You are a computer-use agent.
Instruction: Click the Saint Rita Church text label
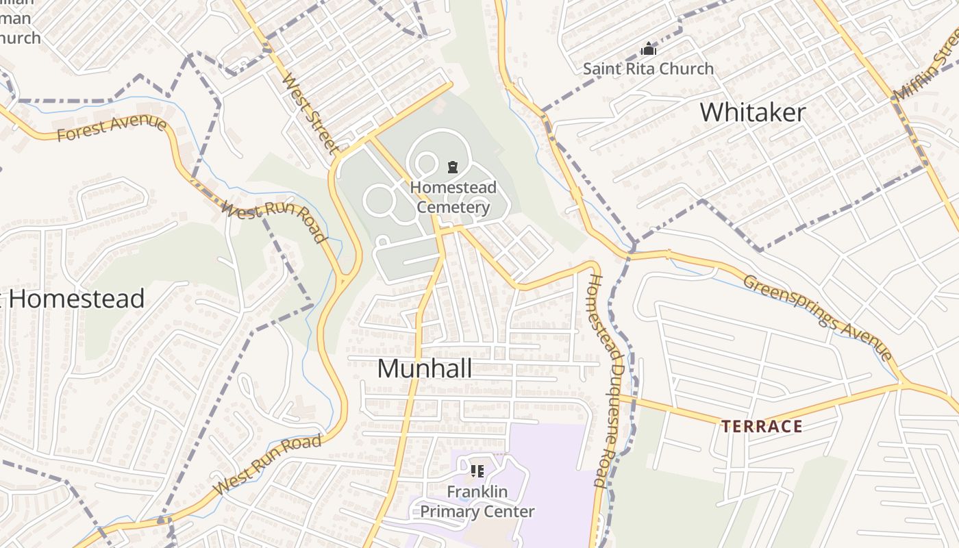[648, 68]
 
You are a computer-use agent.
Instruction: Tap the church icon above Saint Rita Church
[648, 49]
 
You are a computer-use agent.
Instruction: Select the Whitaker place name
[752, 112]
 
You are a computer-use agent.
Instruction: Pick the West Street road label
[310, 113]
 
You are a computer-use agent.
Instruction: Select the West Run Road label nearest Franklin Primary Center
[267, 464]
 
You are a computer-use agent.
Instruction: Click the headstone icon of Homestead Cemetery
[452, 166]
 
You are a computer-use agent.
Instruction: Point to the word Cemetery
[453, 207]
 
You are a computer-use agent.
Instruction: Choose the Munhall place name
[424, 369]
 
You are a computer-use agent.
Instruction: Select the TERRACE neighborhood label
[761, 427]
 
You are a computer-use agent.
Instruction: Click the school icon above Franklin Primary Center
[477, 471]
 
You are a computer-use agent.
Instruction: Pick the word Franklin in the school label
[477, 491]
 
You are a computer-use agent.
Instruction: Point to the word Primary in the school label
[447, 511]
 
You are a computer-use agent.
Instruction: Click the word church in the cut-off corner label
[21, 38]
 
